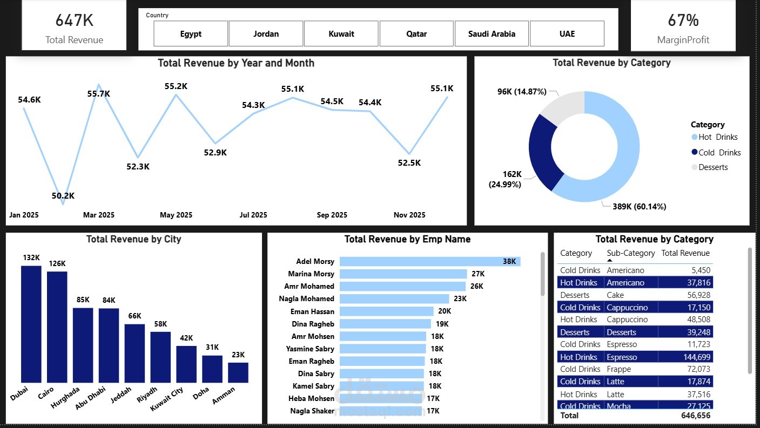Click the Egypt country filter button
pyautogui.click(x=191, y=33)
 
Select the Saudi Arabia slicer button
pyautogui.click(x=492, y=33)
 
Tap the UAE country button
pyautogui.click(x=567, y=33)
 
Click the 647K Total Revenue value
pyautogui.click(x=74, y=21)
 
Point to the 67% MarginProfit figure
pyautogui.click(x=683, y=21)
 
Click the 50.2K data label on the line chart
pyautogui.click(x=63, y=196)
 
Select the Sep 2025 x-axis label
pyautogui.click(x=332, y=215)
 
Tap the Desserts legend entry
pyautogui.click(x=713, y=167)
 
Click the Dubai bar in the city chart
pyautogui.click(x=31, y=324)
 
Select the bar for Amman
pyautogui.click(x=238, y=372)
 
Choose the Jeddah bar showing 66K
pyautogui.click(x=134, y=353)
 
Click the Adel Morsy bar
pyautogui.click(x=429, y=261)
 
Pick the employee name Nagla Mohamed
pyautogui.click(x=306, y=298)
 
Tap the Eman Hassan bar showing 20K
pyautogui.click(x=386, y=311)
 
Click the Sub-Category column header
pyautogui.click(x=630, y=253)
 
